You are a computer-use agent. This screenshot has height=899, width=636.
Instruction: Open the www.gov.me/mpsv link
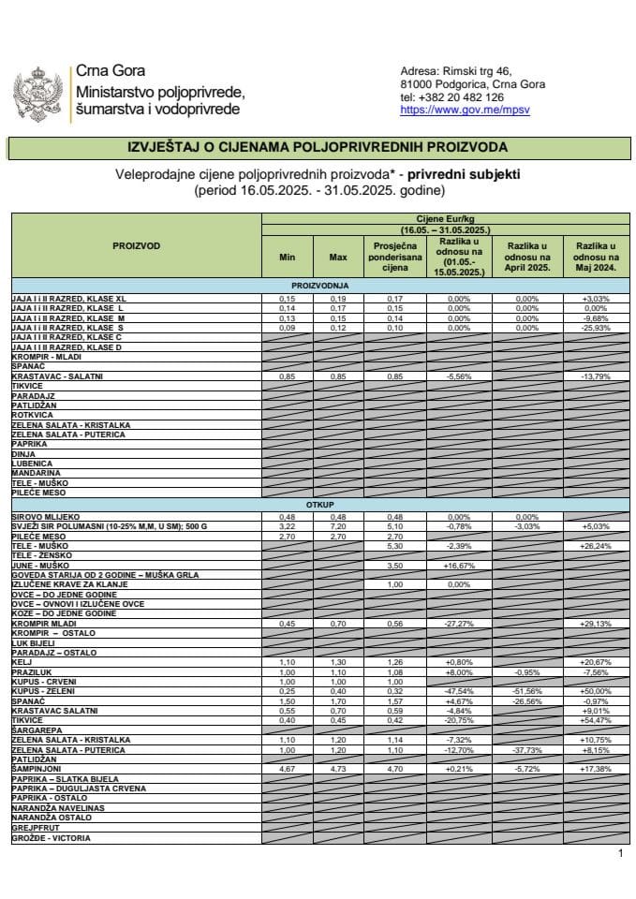[x=451, y=110]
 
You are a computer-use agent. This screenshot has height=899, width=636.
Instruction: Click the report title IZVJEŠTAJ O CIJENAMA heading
[x=318, y=148]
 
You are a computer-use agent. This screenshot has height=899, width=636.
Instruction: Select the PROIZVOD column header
[x=136, y=246]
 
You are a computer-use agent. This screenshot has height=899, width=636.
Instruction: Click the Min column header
[x=287, y=257]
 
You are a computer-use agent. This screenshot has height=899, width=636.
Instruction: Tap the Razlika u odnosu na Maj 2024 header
[x=595, y=257]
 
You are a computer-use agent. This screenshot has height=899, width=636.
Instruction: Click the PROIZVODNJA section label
[x=318, y=285]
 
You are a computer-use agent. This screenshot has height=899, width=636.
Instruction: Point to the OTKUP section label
[x=318, y=505]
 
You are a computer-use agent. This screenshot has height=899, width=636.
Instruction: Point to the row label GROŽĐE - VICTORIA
[x=52, y=839]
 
